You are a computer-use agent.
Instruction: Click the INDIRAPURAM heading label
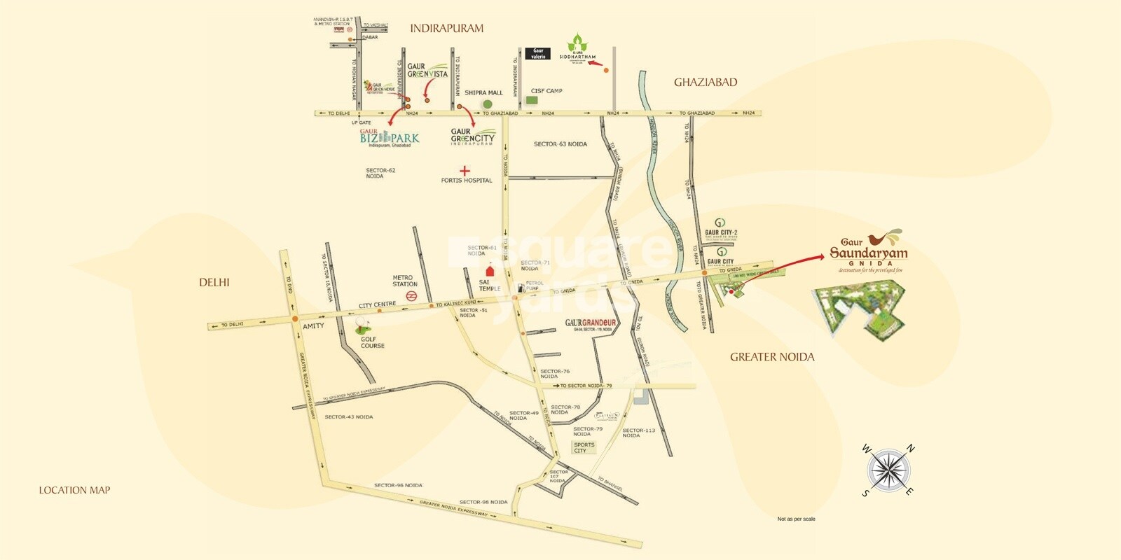[x=446, y=29]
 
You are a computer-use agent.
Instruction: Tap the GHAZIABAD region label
[x=706, y=82]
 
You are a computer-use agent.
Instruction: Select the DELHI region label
[x=214, y=282]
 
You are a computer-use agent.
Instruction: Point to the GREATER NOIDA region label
[x=772, y=357]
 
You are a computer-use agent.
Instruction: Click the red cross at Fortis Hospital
[x=465, y=170]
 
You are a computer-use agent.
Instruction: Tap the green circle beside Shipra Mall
[x=487, y=104]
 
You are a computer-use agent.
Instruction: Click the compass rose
[x=888, y=470]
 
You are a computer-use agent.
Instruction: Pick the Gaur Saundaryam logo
[x=868, y=251]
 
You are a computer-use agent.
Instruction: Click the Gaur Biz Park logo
[x=389, y=137]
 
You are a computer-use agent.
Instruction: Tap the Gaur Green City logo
[x=472, y=136]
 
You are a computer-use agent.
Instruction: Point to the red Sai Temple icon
[x=489, y=270]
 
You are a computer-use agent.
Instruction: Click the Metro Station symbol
[x=413, y=296]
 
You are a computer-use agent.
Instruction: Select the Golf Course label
[x=371, y=342]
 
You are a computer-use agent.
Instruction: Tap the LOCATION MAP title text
[x=74, y=490]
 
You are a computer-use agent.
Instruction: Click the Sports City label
[x=584, y=447]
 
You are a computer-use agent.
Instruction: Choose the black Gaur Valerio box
[x=538, y=53]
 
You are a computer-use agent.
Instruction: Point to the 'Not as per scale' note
[x=796, y=519]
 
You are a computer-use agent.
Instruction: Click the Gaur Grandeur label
[x=590, y=323]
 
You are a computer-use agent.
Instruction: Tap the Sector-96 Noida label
[x=397, y=485]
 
